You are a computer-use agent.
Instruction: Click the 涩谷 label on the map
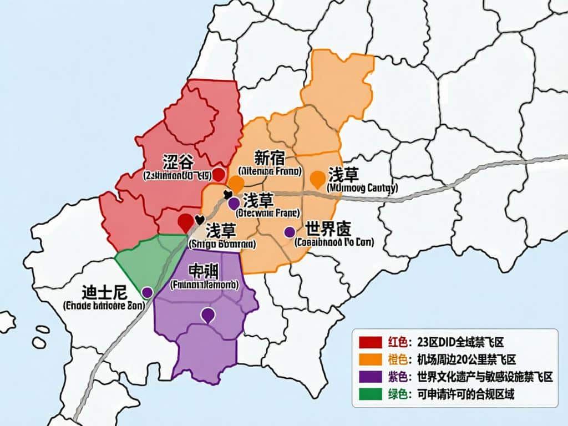(178, 162)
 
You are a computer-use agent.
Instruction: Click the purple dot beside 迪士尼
(147, 292)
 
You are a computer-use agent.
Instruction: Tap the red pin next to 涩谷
(219, 174)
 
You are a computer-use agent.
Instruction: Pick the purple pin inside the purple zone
(207, 315)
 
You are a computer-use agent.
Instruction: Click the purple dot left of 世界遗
(289, 232)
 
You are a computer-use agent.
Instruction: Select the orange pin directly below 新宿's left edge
(237, 183)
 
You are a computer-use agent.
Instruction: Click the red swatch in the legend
(371, 342)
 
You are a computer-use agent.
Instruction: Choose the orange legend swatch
(371, 359)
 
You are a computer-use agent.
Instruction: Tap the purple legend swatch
(371, 377)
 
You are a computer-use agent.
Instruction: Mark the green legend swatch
(371, 395)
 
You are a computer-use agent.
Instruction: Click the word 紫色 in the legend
(398, 377)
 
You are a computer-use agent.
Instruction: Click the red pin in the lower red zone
(186, 221)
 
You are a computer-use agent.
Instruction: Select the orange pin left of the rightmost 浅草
(317, 179)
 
